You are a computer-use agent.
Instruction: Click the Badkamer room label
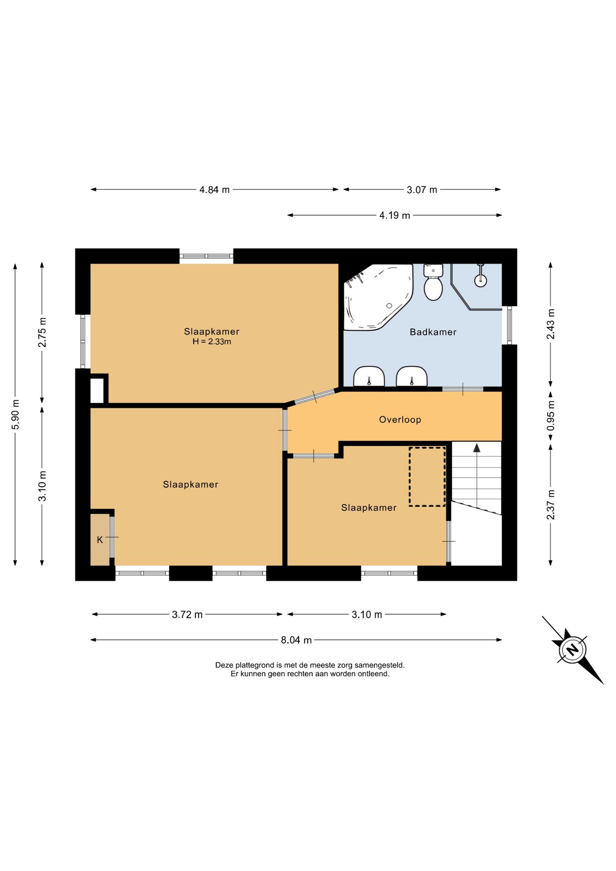[x=433, y=332]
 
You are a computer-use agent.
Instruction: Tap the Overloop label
[x=400, y=420]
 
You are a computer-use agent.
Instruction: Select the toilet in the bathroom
[x=433, y=282]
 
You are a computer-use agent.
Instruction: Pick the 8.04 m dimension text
[x=296, y=640]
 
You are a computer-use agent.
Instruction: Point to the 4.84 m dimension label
[x=215, y=190]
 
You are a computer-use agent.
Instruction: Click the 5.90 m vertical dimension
[x=15, y=415]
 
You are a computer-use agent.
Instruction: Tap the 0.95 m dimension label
[x=551, y=416]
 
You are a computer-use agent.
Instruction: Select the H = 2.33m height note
[x=212, y=342]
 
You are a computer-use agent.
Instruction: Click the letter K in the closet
[x=100, y=540]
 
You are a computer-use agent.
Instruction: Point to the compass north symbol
[x=572, y=650]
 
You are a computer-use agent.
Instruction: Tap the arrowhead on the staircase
[x=477, y=448]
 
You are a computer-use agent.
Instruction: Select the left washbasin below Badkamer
[x=369, y=377]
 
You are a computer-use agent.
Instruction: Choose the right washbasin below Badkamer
[x=412, y=377]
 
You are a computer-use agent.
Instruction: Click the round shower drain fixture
[x=480, y=280]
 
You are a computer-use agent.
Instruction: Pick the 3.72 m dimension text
[x=187, y=615]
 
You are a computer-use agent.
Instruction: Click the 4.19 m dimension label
[x=395, y=215]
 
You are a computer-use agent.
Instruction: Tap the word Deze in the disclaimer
[x=224, y=665]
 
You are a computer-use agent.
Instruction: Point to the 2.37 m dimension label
[x=551, y=504]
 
